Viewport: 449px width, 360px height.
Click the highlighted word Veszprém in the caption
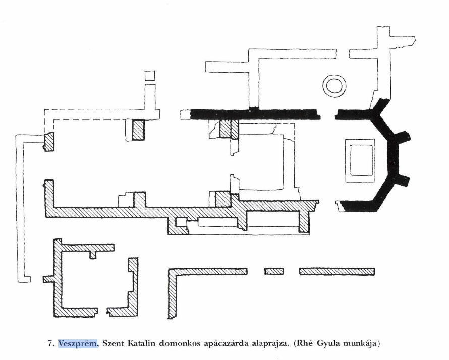[78, 343]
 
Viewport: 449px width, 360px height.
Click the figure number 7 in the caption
[50, 343]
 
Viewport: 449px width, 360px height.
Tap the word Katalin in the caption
[141, 343]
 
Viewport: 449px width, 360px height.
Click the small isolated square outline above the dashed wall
[150, 76]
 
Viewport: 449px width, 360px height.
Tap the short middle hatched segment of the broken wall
[274, 271]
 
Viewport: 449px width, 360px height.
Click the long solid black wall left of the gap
[255, 114]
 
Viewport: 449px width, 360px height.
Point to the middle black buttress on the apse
[403, 136]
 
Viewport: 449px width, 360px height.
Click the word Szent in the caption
[113, 343]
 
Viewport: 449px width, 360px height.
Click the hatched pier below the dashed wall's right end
[138, 130]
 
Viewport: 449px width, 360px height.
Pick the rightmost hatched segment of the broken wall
[337, 271]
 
